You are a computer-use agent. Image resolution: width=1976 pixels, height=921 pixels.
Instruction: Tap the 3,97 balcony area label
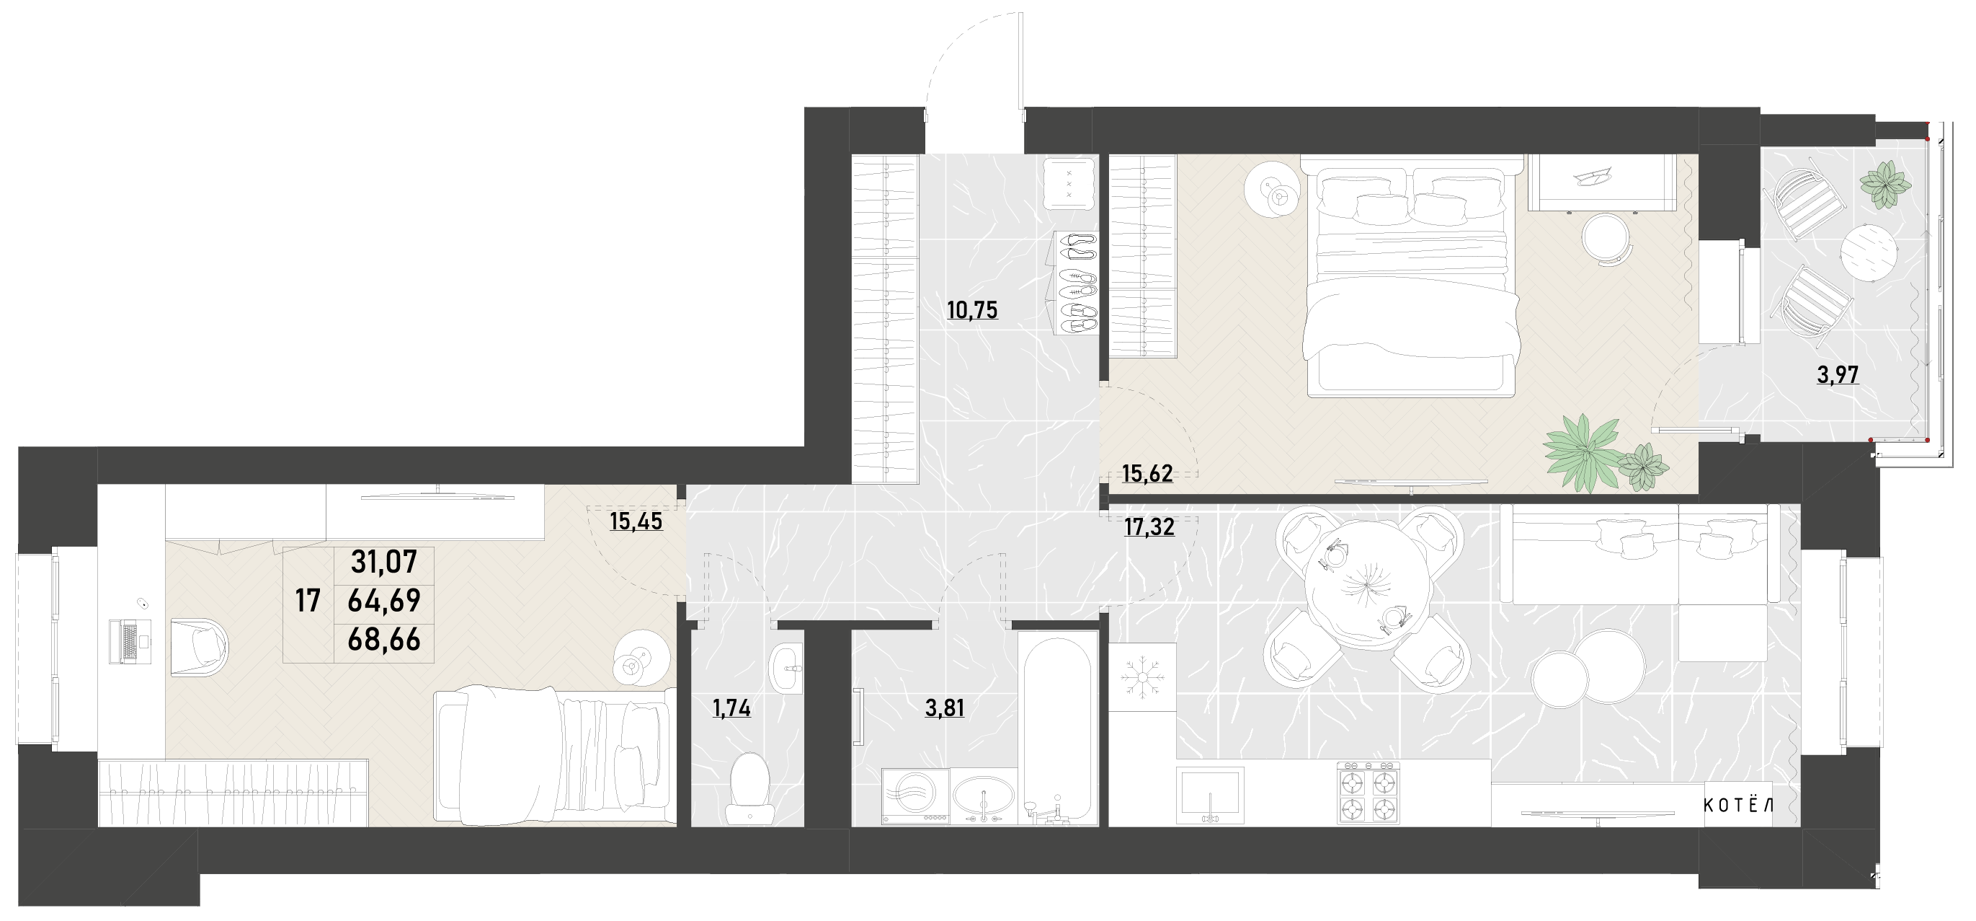click(1837, 375)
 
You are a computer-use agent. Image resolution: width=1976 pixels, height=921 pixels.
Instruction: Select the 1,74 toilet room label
click(731, 708)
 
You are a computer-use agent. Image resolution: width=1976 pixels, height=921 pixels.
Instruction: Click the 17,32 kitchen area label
click(1148, 527)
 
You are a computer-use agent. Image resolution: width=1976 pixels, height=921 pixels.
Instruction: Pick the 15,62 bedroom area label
click(1147, 475)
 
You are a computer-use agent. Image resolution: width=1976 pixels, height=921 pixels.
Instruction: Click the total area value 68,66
click(383, 639)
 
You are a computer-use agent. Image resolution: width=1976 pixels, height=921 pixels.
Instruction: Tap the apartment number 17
click(308, 600)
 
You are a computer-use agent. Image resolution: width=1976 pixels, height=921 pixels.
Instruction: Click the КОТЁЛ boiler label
click(1738, 805)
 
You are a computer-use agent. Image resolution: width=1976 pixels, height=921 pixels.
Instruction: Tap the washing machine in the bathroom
click(915, 797)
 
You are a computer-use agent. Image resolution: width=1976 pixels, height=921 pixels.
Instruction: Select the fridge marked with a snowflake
click(1142, 677)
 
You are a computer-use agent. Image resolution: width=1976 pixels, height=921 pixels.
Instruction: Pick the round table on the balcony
click(1869, 254)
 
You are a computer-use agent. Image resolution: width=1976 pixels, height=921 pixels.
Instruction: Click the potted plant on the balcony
click(1884, 183)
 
